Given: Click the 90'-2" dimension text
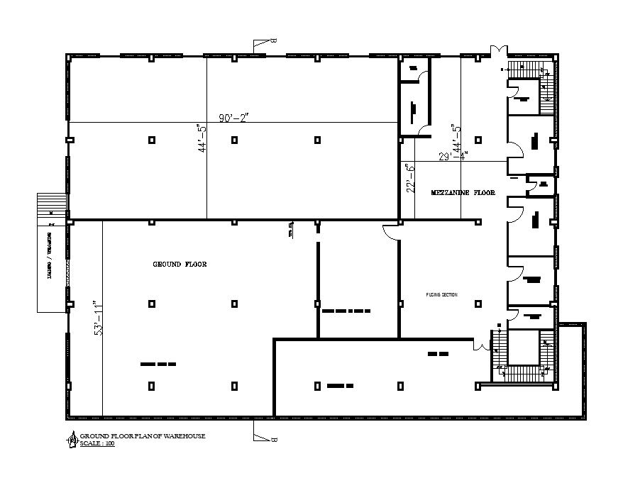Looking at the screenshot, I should [x=233, y=118].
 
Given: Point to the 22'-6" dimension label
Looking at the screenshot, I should [x=408, y=179].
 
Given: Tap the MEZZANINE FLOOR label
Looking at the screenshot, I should [x=463, y=193].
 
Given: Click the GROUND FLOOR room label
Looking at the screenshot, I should [x=180, y=264].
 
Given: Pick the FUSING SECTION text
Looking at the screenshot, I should [x=442, y=294].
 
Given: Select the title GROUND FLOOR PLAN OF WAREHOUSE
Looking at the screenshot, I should [x=143, y=435].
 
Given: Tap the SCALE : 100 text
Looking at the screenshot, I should [x=97, y=443].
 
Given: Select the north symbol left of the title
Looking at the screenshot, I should [x=72, y=439].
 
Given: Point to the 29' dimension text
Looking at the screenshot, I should [x=444, y=157].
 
